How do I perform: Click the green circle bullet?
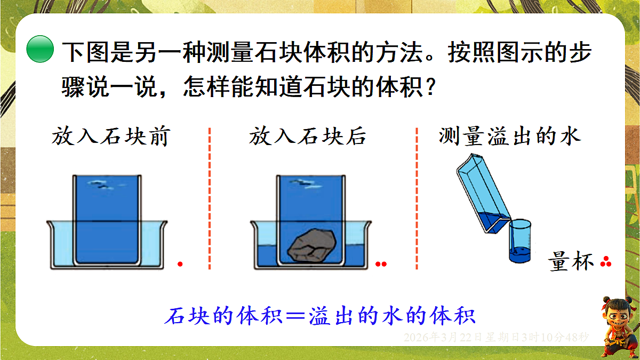pos(40,49)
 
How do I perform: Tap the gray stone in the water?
pos(312,245)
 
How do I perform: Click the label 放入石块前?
pos(111,137)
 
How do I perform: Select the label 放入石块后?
pos(307,137)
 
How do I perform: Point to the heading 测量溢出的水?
pos(510,136)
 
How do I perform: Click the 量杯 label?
pos(571,261)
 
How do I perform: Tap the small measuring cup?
pos(520,241)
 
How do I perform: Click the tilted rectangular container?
pos(483,194)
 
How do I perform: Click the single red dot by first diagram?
pos(180,264)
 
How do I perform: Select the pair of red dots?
pos(381,264)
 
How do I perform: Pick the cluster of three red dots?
pos(606,262)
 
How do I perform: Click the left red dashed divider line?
pos(210,198)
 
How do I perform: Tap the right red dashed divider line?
pos(417,198)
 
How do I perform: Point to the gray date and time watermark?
pos(497,338)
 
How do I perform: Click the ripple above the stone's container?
pos(306,183)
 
